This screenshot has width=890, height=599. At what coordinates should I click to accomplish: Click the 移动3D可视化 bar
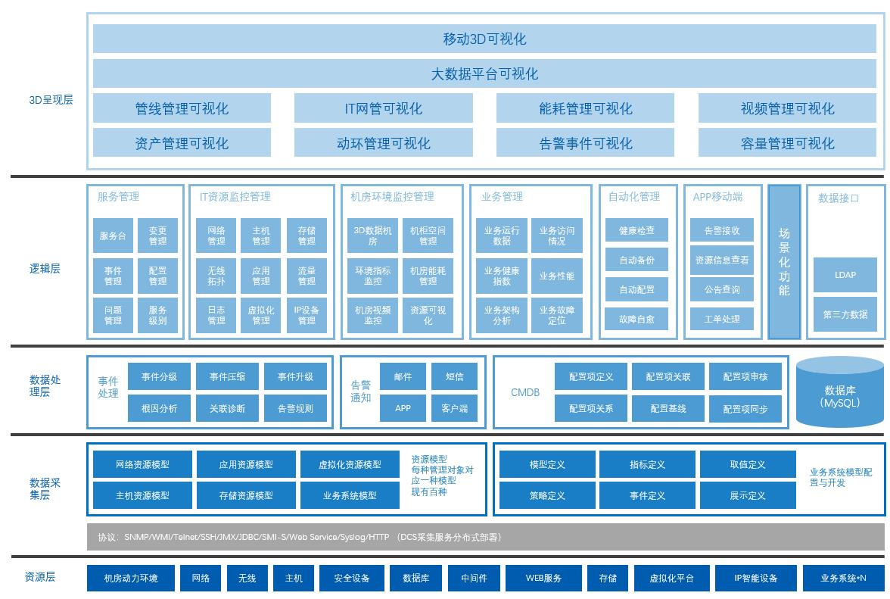point(484,39)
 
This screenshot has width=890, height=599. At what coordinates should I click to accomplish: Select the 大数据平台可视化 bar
point(484,73)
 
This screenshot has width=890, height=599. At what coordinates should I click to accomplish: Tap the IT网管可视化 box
point(384,108)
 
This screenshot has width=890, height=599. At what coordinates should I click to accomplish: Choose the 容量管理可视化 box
point(787,143)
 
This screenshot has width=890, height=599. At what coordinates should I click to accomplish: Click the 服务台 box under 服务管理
point(113,236)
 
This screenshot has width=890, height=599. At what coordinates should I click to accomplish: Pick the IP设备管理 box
point(307,315)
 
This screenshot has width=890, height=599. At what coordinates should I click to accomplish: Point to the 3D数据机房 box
point(372,236)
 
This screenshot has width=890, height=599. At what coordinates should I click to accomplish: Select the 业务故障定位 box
point(556,315)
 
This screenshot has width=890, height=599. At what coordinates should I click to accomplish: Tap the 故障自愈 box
point(636,319)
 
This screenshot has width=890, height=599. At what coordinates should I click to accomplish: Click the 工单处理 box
point(722,319)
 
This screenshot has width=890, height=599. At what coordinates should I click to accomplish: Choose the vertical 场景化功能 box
point(784,262)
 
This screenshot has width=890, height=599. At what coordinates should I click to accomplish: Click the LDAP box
point(845,275)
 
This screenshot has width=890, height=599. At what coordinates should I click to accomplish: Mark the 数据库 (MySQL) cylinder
point(840,395)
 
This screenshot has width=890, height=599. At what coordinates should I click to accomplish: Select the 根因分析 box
point(159,408)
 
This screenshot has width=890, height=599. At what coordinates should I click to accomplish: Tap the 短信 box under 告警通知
point(454,376)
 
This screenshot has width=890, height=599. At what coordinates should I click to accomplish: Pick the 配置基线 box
point(668,408)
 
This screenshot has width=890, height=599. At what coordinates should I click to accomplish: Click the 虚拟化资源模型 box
point(350,464)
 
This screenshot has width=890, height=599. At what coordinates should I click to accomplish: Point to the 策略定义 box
point(547,496)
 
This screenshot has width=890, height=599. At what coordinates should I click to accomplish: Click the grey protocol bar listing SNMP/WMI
point(484,537)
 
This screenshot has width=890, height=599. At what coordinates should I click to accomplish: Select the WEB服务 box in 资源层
point(543,578)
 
